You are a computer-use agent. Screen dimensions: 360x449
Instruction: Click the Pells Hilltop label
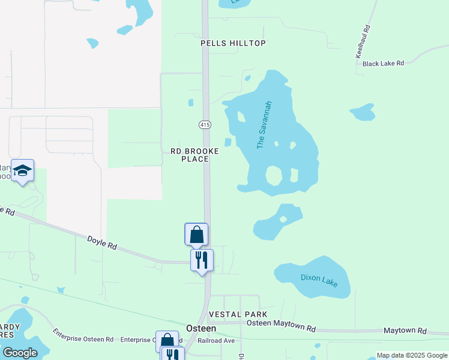(233, 43)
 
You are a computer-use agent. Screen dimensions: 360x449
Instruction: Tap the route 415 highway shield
(205, 124)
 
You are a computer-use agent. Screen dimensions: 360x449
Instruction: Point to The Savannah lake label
(261, 125)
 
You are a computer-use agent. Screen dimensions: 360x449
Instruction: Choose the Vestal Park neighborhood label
(238, 314)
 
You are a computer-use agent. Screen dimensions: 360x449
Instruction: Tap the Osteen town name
(201, 328)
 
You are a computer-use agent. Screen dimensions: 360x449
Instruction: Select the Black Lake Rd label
(384, 63)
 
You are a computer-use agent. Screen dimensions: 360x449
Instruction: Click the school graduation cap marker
(22, 170)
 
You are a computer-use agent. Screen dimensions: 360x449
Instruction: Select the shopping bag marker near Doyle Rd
(196, 234)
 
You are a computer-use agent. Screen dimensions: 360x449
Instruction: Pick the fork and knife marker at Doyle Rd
(202, 260)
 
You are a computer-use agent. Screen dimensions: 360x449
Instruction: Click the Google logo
(20, 353)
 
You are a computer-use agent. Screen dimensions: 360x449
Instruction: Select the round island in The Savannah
(274, 176)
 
